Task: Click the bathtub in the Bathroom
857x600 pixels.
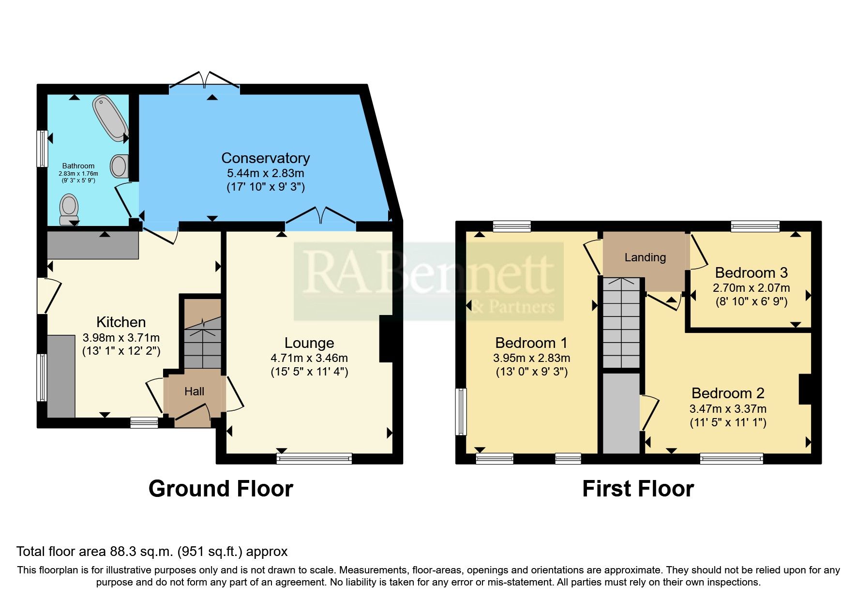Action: click(x=111, y=118)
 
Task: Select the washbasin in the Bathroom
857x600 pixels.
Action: click(x=120, y=166)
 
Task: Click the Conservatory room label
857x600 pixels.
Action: click(x=265, y=158)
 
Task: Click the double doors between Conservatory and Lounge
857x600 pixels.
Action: click(x=321, y=218)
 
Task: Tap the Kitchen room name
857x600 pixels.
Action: click(x=121, y=322)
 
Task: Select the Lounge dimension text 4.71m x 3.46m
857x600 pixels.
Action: click(x=309, y=359)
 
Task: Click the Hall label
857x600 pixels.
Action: click(x=194, y=391)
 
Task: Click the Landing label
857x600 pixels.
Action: click(x=645, y=257)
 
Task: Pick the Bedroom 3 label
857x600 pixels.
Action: click(x=751, y=273)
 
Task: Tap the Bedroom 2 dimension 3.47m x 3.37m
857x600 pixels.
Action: click(x=727, y=409)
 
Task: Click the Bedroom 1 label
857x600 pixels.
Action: click(x=531, y=343)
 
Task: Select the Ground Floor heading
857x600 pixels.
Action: click(x=221, y=489)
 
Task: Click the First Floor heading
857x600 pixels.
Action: click(x=638, y=489)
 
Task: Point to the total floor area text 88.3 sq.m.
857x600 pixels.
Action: click(x=152, y=552)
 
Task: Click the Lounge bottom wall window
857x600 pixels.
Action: click(x=314, y=458)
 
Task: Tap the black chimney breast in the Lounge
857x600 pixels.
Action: click(x=387, y=339)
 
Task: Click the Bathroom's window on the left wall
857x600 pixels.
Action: click(x=43, y=149)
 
